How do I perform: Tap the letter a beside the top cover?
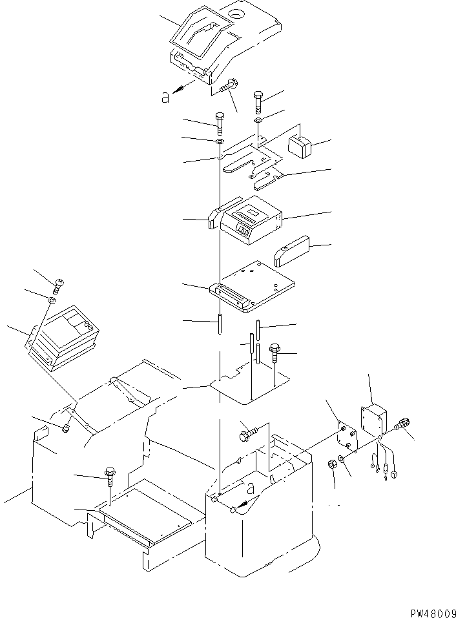[166, 97]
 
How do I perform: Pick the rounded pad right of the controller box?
[292, 252]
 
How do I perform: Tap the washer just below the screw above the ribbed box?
[51, 301]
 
